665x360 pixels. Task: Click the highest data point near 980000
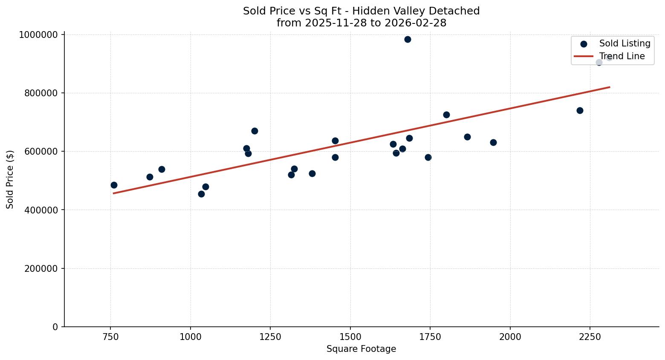point(408,40)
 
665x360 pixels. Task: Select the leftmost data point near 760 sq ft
point(114,185)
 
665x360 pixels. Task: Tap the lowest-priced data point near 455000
point(201,194)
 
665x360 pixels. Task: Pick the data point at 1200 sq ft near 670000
point(254,131)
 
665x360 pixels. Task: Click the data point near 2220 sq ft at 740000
point(580,111)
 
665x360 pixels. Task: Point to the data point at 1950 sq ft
point(493,143)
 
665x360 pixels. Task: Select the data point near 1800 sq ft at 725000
point(446,115)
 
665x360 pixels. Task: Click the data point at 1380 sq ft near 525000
point(312,174)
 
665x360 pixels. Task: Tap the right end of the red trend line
point(610,87)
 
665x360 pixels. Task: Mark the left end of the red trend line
point(113,193)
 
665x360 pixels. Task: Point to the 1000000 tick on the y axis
point(38,35)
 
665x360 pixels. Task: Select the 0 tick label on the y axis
point(55,327)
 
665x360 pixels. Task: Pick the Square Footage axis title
point(361,349)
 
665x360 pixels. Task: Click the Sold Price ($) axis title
point(10,179)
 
